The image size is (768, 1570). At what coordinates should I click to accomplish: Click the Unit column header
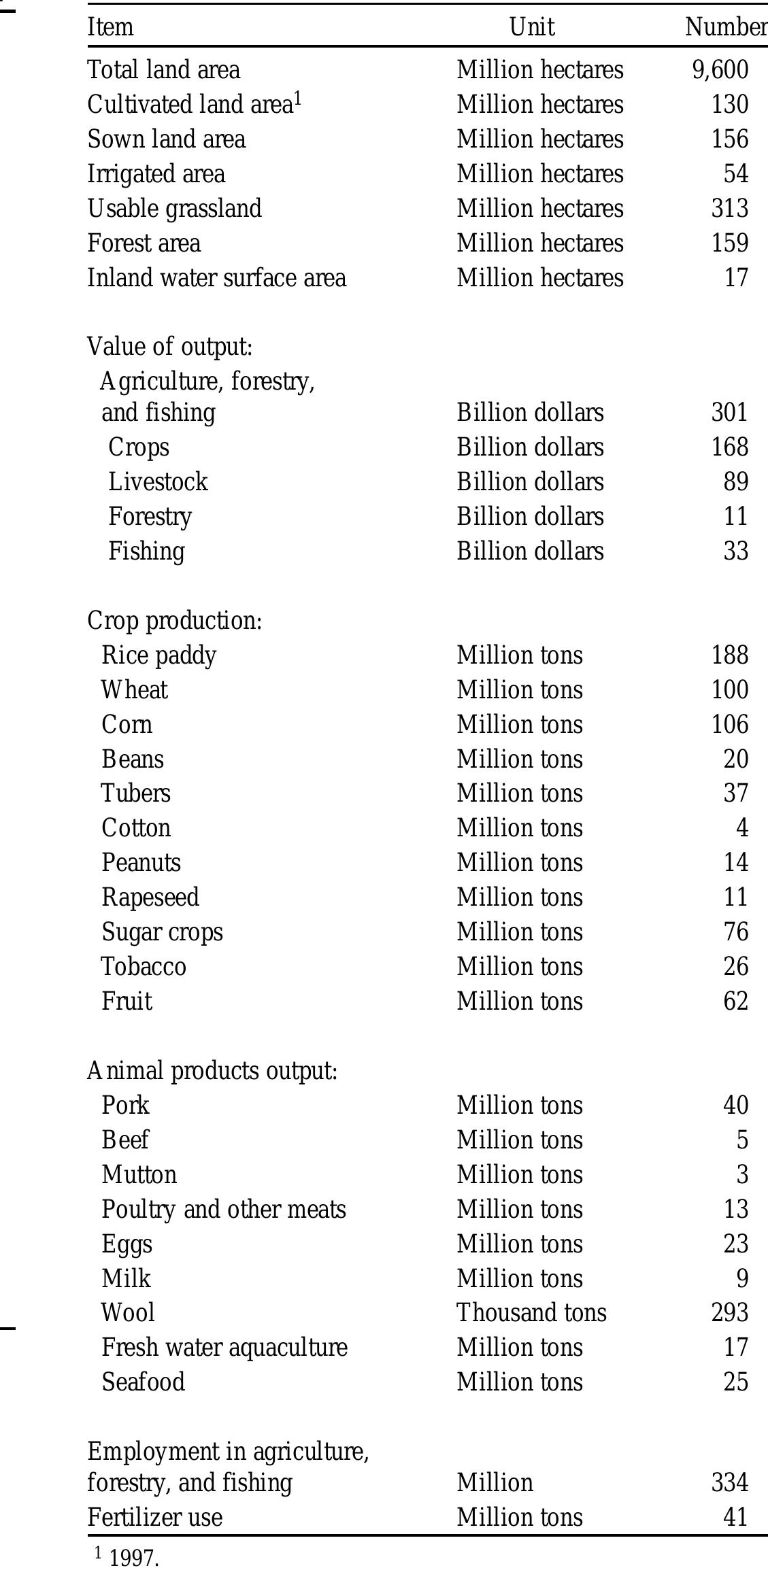tap(532, 27)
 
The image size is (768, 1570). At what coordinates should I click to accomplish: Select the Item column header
tap(110, 27)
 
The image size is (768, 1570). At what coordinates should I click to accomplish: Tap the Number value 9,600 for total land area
tap(720, 70)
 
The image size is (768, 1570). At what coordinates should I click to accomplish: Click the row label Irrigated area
tap(156, 174)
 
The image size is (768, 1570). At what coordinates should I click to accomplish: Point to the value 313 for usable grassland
tap(729, 209)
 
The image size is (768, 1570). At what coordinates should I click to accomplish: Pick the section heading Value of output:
tap(169, 347)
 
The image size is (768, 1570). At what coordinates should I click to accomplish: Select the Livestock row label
tap(158, 482)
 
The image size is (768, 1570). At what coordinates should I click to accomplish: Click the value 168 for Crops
tap(729, 447)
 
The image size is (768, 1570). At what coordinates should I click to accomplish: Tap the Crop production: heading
tap(174, 621)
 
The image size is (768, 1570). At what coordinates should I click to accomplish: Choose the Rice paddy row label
tap(158, 655)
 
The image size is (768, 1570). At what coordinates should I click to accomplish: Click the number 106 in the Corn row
tap(729, 725)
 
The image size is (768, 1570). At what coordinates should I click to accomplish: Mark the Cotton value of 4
tap(741, 828)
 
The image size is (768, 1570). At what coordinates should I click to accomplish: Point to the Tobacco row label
tap(144, 967)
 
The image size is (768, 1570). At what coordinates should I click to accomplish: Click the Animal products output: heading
tap(212, 1071)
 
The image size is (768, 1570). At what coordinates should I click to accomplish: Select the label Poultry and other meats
tap(224, 1210)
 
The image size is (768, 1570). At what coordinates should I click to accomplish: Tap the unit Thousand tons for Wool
tap(531, 1313)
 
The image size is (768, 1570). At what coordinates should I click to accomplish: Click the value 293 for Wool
tap(729, 1313)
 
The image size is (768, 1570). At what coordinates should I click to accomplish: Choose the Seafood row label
tap(143, 1382)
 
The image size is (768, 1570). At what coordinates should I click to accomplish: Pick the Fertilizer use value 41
tap(735, 1517)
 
